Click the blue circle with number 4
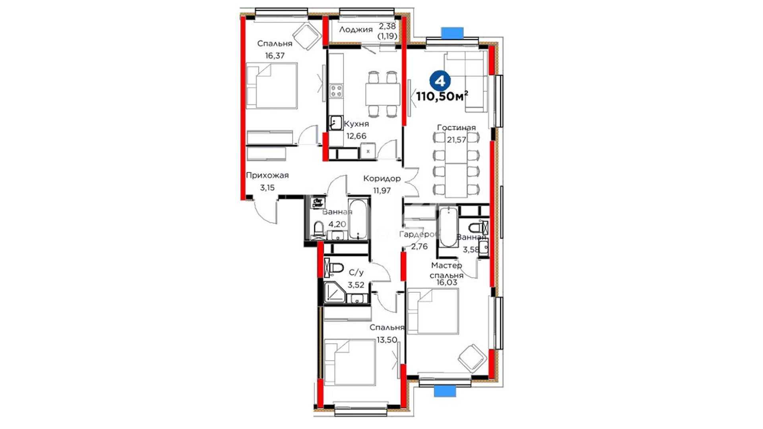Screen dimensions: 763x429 tap(440, 81)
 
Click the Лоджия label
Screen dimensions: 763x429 tap(356, 29)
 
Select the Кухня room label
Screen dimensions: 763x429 tap(356, 124)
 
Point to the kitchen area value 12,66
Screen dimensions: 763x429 tap(356, 136)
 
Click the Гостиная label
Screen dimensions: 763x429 tap(456, 128)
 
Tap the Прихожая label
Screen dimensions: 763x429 tap(267, 176)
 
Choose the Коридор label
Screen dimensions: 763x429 tap(382, 179)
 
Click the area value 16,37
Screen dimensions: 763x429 tap(275, 56)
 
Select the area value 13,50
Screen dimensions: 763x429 tap(387, 340)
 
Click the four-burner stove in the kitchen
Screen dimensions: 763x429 tap(336, 91)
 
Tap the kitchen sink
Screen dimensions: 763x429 tap(336, 123)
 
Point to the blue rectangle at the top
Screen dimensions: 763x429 tap(452, 33)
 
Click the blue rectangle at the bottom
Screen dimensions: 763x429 tap(445, 391)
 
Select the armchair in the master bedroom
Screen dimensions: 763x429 tap(472, 358)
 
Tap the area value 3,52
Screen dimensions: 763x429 tap(356, 285)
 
